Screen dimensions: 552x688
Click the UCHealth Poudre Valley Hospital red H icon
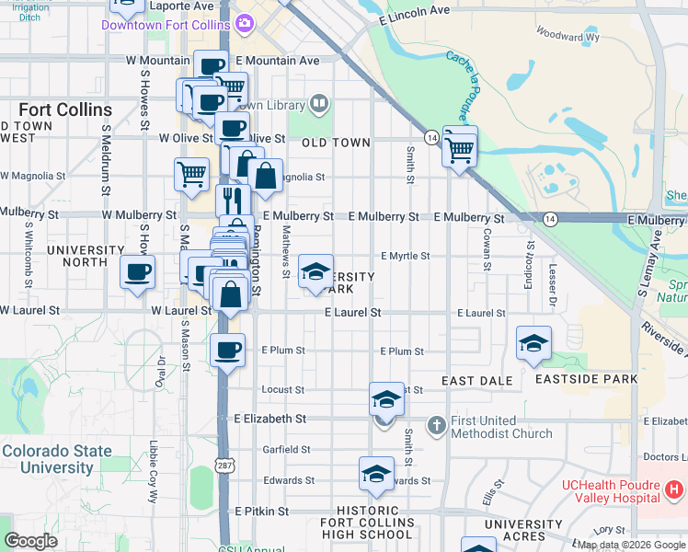coord(675,489)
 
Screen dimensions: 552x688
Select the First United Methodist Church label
coord(501,427)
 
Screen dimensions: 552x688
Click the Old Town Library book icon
coord(319,103)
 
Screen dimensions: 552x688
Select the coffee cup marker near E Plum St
coord(227,350)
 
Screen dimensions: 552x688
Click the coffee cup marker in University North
coord(138,271)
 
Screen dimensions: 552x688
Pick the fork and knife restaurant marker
coord(233,200)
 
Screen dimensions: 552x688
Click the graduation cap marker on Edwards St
coord(375,474)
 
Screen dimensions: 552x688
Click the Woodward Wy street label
coord(567,37)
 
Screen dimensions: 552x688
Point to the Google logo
coord(31,541)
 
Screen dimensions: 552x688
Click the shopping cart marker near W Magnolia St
coord(190,172)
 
